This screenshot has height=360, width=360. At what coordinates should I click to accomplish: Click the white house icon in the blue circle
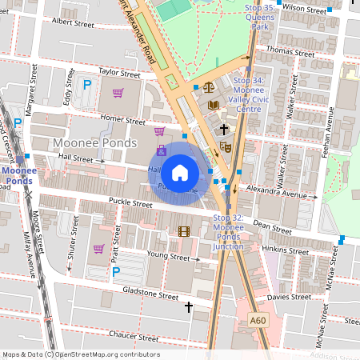point(180,172)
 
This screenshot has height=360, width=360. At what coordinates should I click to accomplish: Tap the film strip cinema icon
point(185,232)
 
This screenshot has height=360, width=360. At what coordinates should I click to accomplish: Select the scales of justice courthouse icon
point(209,87)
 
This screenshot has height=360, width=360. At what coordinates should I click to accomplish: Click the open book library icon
point(213,105)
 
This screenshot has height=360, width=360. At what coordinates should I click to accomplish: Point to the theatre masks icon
point(226,147)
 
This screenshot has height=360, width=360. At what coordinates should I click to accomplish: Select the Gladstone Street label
point(152,295)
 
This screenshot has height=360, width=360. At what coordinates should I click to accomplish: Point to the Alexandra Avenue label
point(278,194)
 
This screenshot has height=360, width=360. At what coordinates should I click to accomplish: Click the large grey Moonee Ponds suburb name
point(89,142)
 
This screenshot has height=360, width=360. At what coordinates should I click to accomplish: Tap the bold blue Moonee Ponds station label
point(18,175)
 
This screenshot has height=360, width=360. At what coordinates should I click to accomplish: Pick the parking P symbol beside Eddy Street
point(87,83)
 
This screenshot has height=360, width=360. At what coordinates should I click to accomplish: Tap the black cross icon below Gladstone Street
point(189,307)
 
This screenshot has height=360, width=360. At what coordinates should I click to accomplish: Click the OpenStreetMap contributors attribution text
point(81,354)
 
